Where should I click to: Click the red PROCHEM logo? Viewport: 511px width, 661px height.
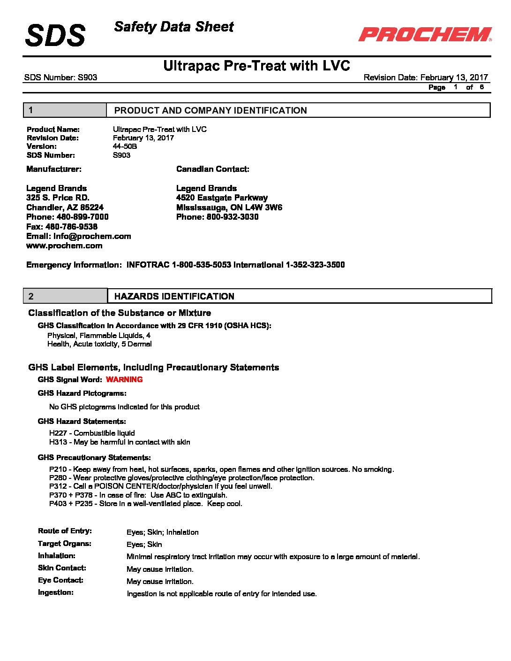tap(425, 34)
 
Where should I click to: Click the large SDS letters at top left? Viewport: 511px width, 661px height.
tap(55, 36)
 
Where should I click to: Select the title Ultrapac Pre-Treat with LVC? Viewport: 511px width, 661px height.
tap(256, 66)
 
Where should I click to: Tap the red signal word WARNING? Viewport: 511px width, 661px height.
tap(124, 379)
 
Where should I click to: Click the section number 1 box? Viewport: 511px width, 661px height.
tap(65, 110)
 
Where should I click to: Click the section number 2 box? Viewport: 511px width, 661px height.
tap(65, 296)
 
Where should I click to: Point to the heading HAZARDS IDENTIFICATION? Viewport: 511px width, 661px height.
tap(174, 296)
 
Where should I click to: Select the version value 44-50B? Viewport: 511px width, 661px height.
tap(125, 146)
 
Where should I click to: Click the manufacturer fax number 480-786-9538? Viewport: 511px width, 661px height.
tap(71, 227)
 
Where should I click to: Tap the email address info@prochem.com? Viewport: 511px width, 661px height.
tap(92, 236)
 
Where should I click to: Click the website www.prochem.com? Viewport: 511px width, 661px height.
tap(64, 246)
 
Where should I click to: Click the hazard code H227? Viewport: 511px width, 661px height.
tap(58, 433)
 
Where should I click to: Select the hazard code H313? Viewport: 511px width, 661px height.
tap(58, 442)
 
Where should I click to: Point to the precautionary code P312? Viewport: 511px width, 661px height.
tap(58, 486)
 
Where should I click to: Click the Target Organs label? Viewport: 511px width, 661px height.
tap(65, 544)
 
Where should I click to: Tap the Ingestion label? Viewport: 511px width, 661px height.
tap(56, 592)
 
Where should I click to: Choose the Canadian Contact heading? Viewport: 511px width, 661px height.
tap(212, 169)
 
